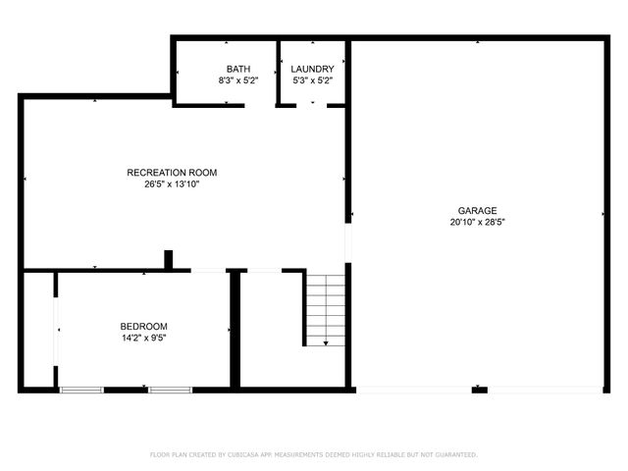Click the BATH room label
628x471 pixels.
(x=237, y=69)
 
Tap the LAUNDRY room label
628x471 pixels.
(x=312, y=69)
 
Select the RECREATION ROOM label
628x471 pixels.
(x=172, y=173)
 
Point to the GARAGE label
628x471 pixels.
(x=477, y=210)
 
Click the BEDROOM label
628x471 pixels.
(x=144, y=327)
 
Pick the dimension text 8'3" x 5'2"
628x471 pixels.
(x=237, y=80)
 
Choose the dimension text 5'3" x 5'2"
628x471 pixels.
(x=312, y=80)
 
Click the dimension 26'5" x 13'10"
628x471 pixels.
(x=172, y=184)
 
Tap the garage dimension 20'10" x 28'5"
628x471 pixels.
(x=477, y=222)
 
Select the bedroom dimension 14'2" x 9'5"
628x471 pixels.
(x=144, y=339)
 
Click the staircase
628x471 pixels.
(x=325, y=308)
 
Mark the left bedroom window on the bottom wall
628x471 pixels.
(x=81, y=390)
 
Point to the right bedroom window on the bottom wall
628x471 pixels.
(x=170, y=390)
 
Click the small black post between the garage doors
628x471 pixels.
(x=479, y=390)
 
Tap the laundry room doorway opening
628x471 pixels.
(x=312, y=104)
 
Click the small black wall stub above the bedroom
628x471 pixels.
(x=169, y=259)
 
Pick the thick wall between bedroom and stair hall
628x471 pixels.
(x=235, y=330)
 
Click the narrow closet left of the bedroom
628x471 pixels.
(x=38, y=331)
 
